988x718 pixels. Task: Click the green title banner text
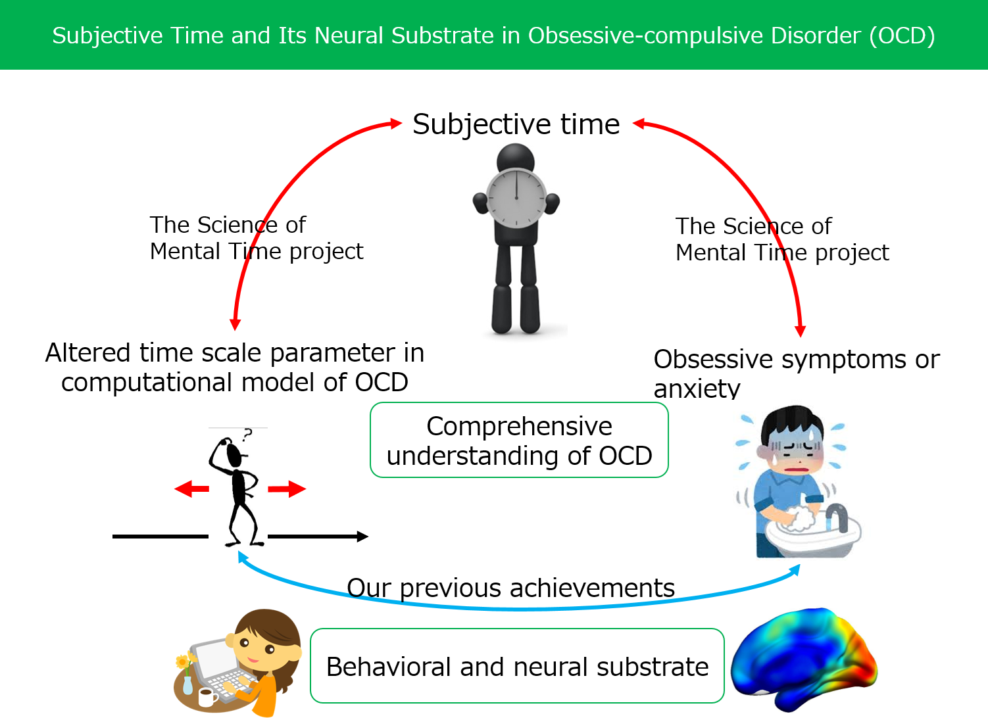click(x=493, y=36)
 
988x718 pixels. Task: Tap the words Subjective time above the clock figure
click(x=516, y=124)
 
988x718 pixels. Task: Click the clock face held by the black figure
click(x=516, y=197)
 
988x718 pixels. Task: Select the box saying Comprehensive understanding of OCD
click(x=519, y=441)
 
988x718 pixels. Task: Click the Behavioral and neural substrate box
click(x=517, y=667)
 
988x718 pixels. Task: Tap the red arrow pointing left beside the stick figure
click(x=191, y=489)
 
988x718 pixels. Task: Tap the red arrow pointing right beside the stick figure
click(x=287, y=489)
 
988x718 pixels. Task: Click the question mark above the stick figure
click(x=247, y=435)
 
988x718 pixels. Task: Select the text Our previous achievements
click(x=510, y=588)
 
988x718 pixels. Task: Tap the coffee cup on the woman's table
click(x=207, y=697)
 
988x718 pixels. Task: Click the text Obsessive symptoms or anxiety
click(x=796, y=373)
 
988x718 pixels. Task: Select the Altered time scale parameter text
click(x=235, y=367)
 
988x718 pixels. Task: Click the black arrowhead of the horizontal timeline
click(x=362, y=537)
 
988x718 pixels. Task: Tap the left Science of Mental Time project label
click(x=256, y=238)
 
